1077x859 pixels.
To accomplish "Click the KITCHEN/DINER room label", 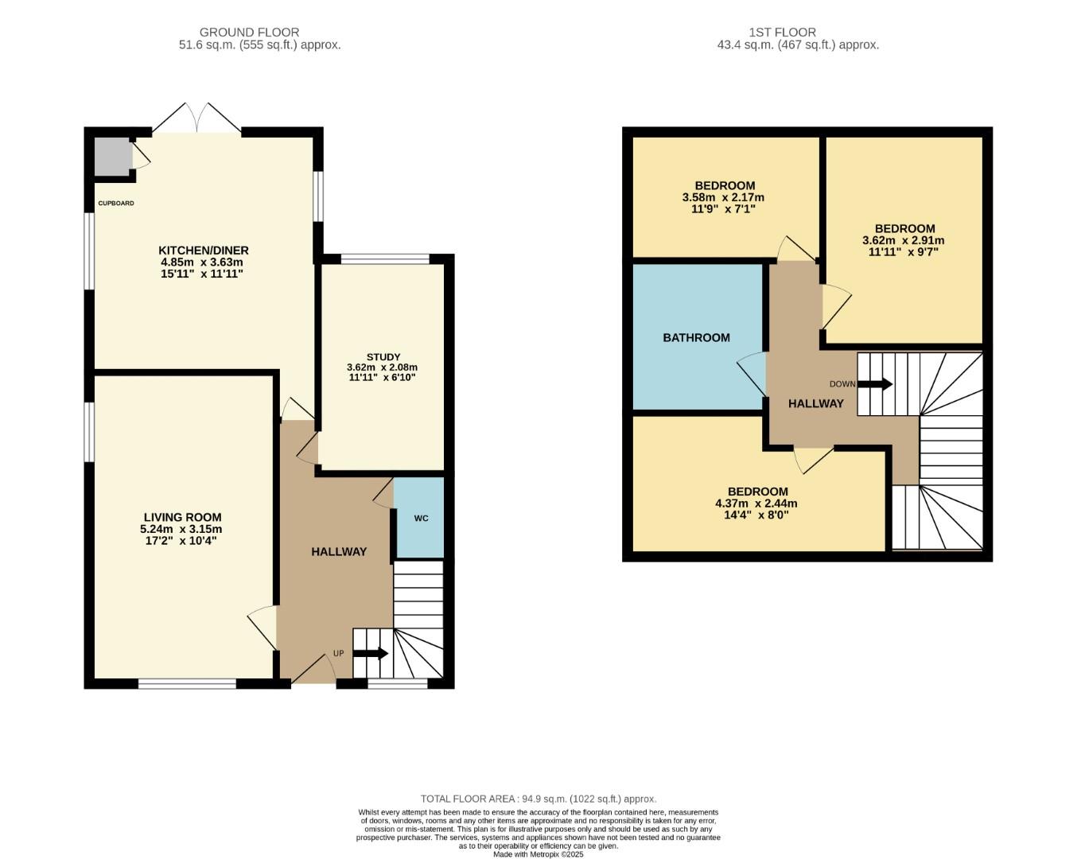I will coord(203,251).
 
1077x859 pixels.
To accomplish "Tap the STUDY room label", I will coord(383,357).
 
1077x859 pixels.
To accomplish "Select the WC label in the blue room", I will coord(421,519).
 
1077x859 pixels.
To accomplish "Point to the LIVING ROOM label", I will coord(182,517).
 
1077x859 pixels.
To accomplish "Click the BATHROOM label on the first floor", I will coord(696,337).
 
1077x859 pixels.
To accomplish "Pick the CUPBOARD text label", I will coord(116,204).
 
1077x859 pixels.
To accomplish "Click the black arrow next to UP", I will coord(371,654).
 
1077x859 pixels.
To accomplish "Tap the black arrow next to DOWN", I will coord(875,384).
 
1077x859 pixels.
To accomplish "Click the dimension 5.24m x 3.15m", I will coord(181,529).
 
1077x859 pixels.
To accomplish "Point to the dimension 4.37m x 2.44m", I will coord(756,503).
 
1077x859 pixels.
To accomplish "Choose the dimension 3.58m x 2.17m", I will coord(723,197).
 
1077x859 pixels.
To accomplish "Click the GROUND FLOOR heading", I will coord(249,33).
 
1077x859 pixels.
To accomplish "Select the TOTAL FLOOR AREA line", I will coord(538,799).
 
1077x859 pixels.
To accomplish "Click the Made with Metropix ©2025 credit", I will coord(538,854).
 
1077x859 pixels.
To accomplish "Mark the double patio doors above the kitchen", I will coord(196,119).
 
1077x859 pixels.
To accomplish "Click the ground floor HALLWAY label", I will coord(339,551).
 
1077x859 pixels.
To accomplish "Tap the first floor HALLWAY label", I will coord(815,403).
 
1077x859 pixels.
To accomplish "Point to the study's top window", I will coord(386,258).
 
